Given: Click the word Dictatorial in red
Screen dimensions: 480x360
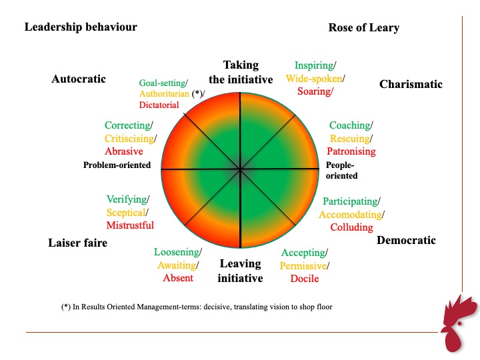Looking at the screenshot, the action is pos(159,105).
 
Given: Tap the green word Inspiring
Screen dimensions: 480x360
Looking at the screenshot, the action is pos(314,65).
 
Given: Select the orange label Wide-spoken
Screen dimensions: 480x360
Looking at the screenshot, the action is pos(314,79).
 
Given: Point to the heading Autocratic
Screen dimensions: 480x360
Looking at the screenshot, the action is pos(79,79).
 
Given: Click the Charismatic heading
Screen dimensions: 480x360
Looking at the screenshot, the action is pos(411,84).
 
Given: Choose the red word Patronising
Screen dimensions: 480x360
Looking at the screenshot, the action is pos(351,151).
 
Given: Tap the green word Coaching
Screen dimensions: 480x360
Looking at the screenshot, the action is pos(350,125).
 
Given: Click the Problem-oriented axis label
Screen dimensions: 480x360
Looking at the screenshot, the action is pos(117,165).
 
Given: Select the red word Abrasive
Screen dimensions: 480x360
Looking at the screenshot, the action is pos(124,151).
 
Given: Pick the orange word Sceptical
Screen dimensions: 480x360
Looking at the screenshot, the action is pos(126,213).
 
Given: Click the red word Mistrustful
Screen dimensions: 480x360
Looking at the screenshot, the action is pos(130,225).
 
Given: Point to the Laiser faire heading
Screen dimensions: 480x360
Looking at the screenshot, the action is pos(78,243).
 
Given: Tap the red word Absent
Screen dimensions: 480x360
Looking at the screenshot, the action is pos(178,278).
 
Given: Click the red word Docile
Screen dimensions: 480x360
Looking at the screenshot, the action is pos(305,279).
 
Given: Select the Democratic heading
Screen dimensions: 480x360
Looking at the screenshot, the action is pos(406,240).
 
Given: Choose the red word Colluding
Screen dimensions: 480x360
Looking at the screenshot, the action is pos(352,227).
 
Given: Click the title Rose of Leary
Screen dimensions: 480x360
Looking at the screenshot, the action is pos(364,27).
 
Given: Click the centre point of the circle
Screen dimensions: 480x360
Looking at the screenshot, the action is pos(240,169).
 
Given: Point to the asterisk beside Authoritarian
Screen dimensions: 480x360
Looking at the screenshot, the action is pos(197,93).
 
